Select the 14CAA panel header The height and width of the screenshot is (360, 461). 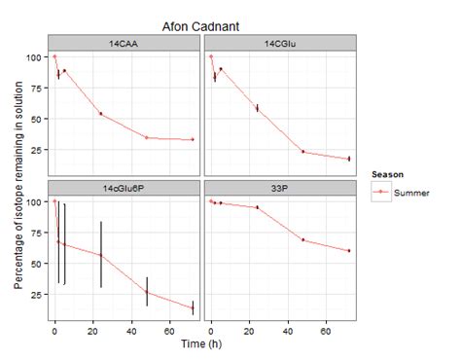[x=124, y=43]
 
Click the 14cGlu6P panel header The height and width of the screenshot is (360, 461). [x=124, y=186]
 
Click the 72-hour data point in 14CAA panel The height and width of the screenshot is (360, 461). [x=193, y=139]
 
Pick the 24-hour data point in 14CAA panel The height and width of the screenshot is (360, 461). [x=100, y=114]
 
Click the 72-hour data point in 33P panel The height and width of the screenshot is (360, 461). [x=349, y=250]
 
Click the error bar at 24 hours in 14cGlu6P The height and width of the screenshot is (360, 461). [x=100, y=255]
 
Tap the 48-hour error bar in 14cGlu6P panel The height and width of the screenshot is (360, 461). [x=147, y=291]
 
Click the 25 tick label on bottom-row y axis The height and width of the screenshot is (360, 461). [x=37, y=294]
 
